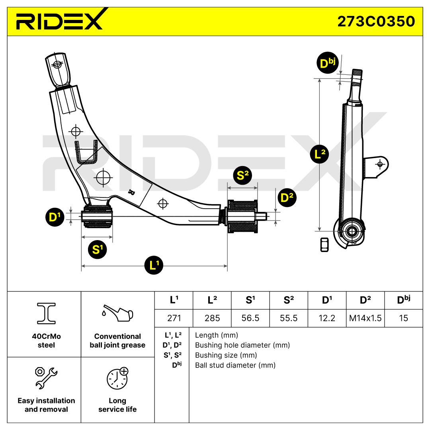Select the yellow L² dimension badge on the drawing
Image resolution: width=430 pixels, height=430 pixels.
(x=319, y=154)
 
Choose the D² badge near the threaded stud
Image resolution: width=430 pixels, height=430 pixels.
(x=287, y=197)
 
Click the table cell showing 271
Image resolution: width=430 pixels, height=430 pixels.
(x=174, y=319)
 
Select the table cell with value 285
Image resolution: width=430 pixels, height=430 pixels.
(x=212, y=319)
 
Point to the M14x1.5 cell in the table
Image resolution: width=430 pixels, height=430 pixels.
(x=365, y=319)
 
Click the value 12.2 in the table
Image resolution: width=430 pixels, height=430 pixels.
(x=327, y=319)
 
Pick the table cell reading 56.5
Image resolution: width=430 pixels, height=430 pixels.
(x=250, y=319)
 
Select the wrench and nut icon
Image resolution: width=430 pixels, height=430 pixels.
(x=46, y=377)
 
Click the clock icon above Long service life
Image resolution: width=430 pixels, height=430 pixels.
(x=117, y=378)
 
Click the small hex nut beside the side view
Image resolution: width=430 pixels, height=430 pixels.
(x=324, y=244)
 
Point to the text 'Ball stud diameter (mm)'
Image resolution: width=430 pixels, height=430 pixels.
(x=235, y=365)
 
